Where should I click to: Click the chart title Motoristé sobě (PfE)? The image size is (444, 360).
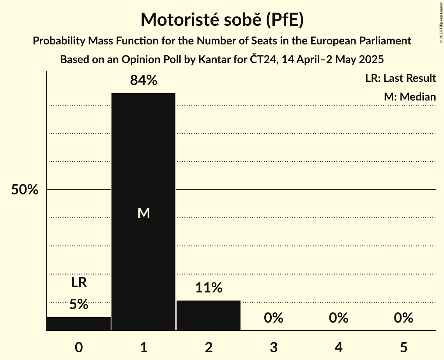point(222,19)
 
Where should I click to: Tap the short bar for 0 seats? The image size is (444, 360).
point(79,324)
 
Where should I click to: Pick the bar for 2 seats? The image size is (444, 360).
point(209,315)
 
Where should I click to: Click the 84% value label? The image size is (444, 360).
point(143,80)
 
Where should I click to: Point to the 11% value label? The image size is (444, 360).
point(209,288)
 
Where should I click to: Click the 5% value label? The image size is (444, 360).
point(79,304)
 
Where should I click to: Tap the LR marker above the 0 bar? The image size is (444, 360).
point(79,282)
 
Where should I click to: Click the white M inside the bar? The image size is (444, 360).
point(143,213)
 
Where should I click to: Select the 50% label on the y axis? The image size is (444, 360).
point(25,190)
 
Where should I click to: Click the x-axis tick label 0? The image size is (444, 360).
point(79,347)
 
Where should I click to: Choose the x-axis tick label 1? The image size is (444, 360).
point(143,347)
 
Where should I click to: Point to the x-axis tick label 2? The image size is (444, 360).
point(209,347)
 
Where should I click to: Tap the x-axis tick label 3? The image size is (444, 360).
point(273,347)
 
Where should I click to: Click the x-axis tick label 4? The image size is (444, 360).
point(338,347)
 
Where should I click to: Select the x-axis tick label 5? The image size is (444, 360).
point(403,347)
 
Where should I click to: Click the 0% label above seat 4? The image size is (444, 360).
point(338,318)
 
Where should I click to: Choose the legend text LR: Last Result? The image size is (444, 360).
point(400,78)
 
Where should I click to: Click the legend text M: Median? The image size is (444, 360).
point(410,97)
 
